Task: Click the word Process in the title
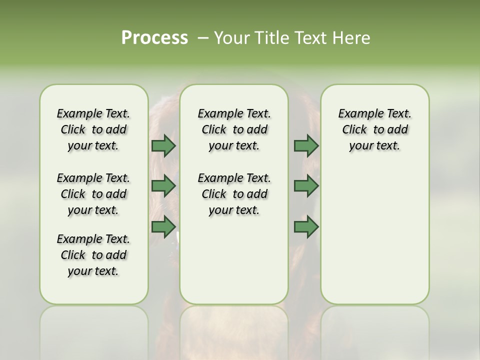[x=154, y=38]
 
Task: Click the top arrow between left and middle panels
[x=163, y=145]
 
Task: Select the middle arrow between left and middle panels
[x=163, y=186]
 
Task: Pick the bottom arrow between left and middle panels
[x=163, y=227]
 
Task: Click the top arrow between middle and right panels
[x=306, y=145]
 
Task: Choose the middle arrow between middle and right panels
[x=306, y=186]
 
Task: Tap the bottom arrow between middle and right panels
[x=306, y=227]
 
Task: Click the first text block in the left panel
[x=93, y=129]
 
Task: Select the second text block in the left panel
[x=93, y=194]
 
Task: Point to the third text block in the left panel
[x=93, y=255]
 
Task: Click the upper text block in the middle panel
[x=234, y=129]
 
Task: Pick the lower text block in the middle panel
[x=234, y=194]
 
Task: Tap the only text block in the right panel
[x=374, y=129]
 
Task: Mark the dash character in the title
[x=203, y=38]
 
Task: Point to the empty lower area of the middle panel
[x=234, y=260]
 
